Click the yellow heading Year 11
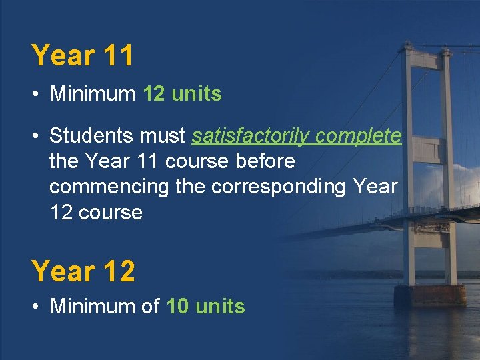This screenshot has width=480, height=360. (83, 55)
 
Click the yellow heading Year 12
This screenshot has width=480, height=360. (83, 271)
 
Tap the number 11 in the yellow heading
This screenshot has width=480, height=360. (119, 55)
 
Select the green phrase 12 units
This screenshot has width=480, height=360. (182, 94)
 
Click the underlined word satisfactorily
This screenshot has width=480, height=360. (251, 136)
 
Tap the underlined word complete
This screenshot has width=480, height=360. (359, 136)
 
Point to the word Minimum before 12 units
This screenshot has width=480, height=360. (93, 94)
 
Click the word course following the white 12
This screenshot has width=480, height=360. (112, 213)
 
